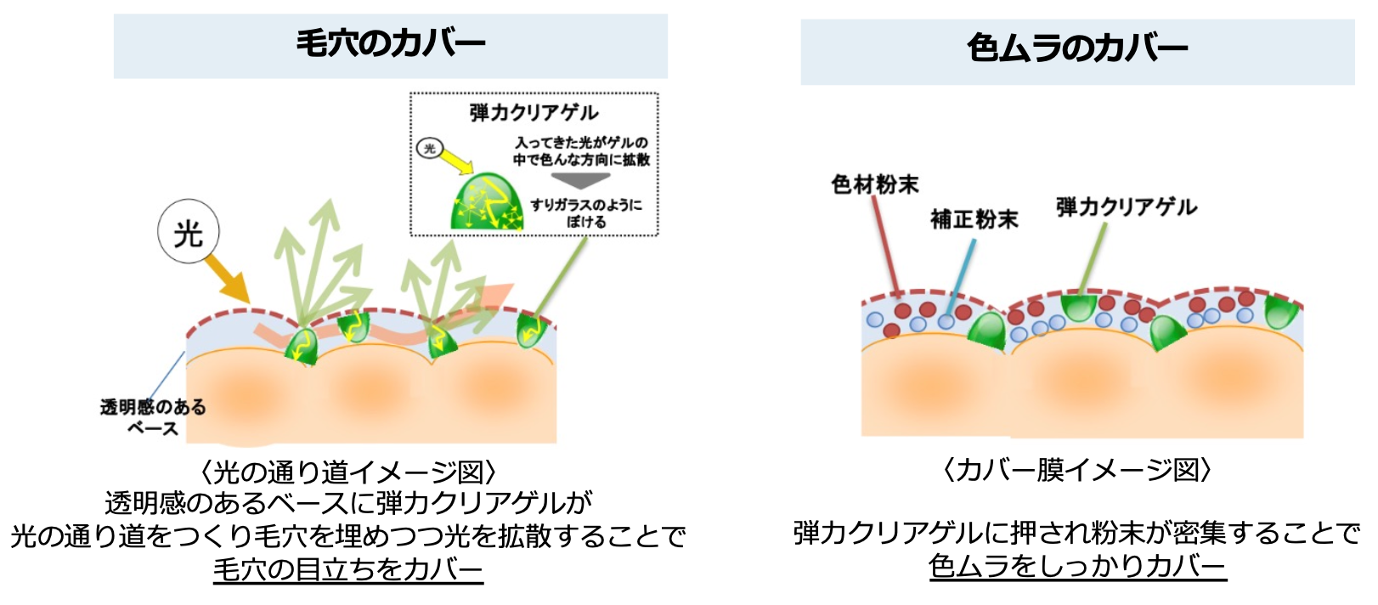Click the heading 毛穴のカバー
[x=390, y=43]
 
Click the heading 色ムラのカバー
[x=1076, y=48]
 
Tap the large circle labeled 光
[x=189, y=232]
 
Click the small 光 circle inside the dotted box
[x=429, y=149]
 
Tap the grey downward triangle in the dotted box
[x=581, y=179]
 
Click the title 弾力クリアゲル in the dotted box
[x=534, y=112]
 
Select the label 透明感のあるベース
[x=153, y=417]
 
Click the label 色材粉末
[x=874, y=184]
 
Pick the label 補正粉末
[x=974, y=219]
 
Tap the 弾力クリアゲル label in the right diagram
[x=1126, y=206]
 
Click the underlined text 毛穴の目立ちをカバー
[x=347, y=568]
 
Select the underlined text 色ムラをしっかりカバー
[x=1076, y=565]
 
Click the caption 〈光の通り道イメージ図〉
[x=347, y=472]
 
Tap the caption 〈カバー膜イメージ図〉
[x=1076, y=469]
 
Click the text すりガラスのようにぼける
[x=585, y=213]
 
